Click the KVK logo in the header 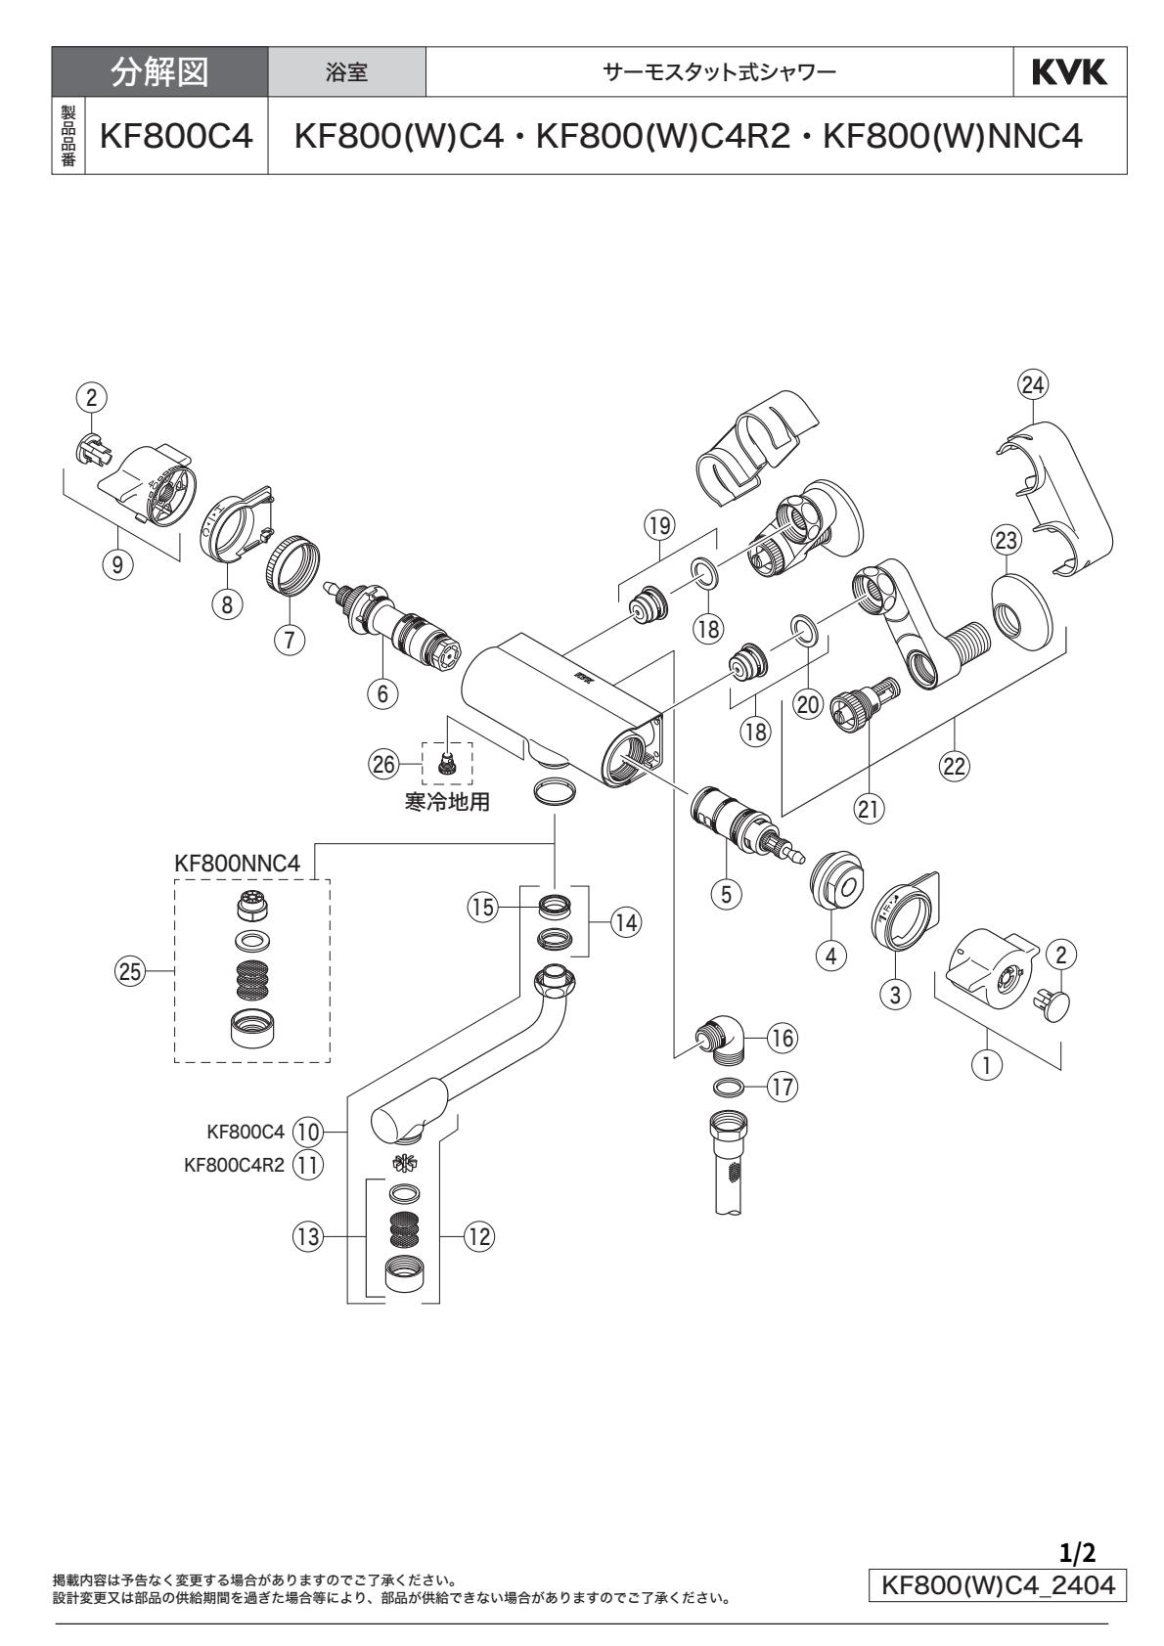[1069, 72]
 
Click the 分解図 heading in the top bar [159, 72]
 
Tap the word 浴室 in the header [346, 73]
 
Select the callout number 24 [1031, 384]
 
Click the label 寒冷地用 [447, 803]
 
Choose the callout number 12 [477, 1237]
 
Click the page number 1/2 [1077, 1550]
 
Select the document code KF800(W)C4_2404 [998, 1584]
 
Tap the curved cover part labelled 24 [1061, 489]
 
